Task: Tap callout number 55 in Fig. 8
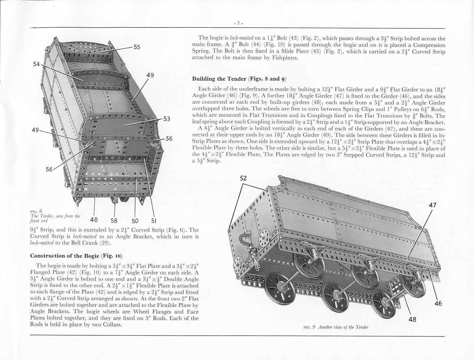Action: point(137,47)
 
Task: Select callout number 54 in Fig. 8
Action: point(36,64)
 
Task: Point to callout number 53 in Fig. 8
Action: point(167,119)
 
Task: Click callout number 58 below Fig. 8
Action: point(114,221)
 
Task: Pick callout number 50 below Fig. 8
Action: point(135,221)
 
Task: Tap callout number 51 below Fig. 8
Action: point(153,221)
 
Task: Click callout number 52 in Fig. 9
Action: point(243,178)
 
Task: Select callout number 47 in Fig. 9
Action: point(432,205)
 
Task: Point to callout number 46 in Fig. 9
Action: point(438,304)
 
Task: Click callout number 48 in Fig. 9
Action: point(413,319)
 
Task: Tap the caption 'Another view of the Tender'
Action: point(343,327)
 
